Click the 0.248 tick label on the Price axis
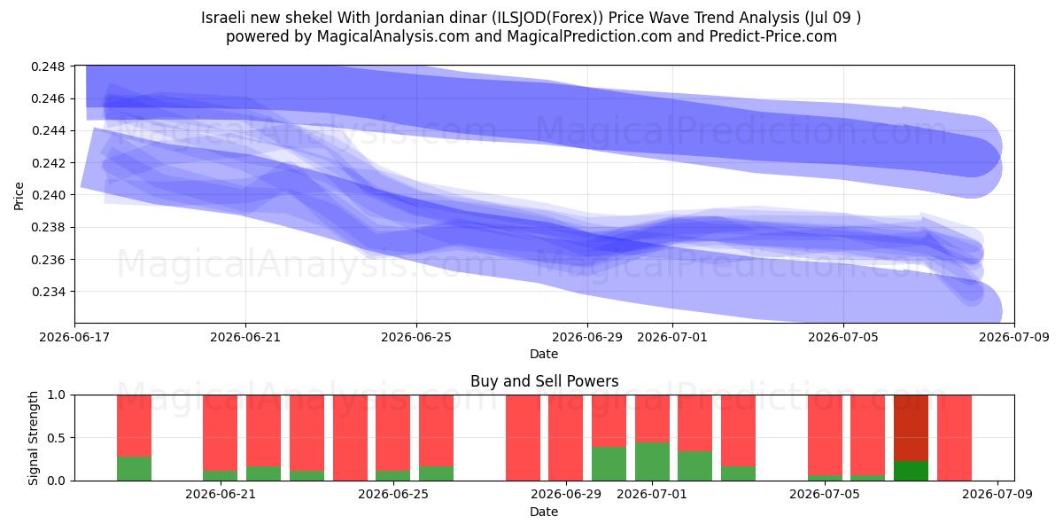click(x=48, y=66)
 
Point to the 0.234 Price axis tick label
click(x=48, y=292)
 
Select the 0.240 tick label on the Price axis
click(x=48, y=195)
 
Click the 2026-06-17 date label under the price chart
click(x=74, y=337)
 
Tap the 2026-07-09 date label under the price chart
click(x=1014, y=337)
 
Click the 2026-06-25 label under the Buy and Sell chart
click(x=393, y=495)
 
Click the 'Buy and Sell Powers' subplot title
click(x=544, y=381)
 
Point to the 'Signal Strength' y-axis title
click(x=33, y=438)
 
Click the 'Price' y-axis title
click(x=19, y=196)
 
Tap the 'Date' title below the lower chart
click(x=544, y=512)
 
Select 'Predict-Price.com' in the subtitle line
click(x=773, y=36)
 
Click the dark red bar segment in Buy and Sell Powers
click(x=911, y=428)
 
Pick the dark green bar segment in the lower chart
click(x=911, y=471)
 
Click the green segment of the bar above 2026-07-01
click(x=652, y=462)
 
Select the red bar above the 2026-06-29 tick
click(x=566, y=438)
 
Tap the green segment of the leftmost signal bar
click(x=135, y=469)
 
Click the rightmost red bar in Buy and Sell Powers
click(x=954, y=438)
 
